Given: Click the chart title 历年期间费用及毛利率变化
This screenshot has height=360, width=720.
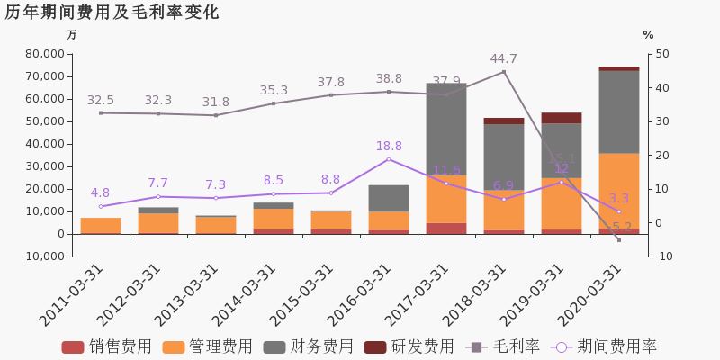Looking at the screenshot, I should (112, 13).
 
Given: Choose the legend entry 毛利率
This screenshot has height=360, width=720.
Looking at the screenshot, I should (503, 347).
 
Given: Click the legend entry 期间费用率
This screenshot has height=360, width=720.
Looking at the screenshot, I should (605, 347).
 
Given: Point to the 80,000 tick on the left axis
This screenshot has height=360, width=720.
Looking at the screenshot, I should (42, 54).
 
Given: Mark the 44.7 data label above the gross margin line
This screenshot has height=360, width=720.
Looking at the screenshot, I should (503, 59).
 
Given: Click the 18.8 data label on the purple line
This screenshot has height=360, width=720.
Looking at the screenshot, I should (389, 147).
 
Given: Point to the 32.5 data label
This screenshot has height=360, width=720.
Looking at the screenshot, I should (101, 101).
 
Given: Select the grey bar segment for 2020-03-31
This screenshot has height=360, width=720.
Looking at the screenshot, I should (619, 112).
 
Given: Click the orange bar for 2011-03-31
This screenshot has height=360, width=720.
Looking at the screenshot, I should (101, 225).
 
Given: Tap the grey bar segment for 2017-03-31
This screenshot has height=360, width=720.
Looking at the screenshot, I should (446, 130).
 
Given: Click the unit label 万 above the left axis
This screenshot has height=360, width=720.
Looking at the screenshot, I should (72, 35).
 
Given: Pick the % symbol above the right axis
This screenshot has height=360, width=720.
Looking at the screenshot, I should (648, 35).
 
